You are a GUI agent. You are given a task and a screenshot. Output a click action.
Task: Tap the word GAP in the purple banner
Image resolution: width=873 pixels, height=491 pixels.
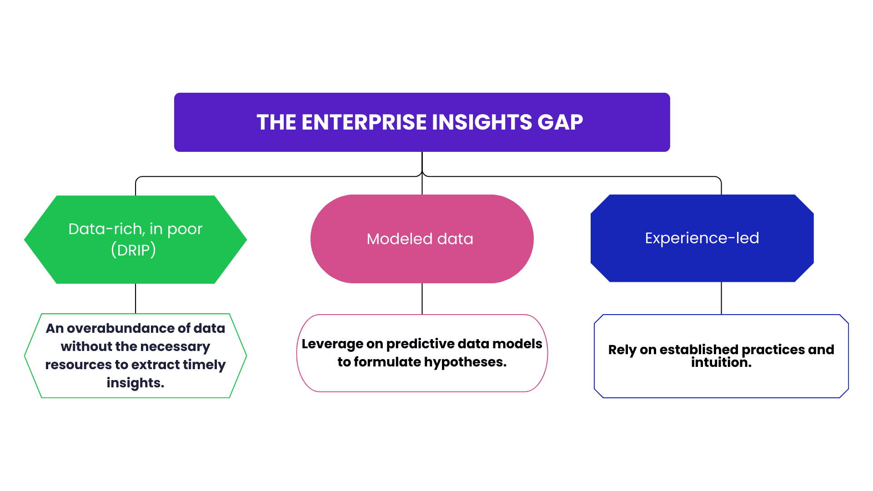click(x=560, y=122)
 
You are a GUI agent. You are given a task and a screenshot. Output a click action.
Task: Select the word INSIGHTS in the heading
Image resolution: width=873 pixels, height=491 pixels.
click(x=482, y=122)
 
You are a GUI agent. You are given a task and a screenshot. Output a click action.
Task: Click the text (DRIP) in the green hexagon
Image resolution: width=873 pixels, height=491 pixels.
click(x=134, y=250)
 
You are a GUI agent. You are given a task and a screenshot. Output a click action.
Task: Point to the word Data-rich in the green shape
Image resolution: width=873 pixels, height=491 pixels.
click(x=105, y=229)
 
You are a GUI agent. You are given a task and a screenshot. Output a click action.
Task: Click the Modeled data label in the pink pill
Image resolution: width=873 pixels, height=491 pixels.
click(x=420, y=239)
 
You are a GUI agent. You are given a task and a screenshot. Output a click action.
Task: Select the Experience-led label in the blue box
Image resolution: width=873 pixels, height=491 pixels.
click(x=702, y=238)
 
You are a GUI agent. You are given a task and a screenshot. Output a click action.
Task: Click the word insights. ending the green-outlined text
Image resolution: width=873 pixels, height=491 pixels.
click(x=135, y=383)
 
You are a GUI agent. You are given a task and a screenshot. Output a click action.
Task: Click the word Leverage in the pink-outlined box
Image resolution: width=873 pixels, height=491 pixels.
click(x=332, y=344)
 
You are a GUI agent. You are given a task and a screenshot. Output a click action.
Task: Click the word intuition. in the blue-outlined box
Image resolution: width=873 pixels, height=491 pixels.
click(x=721, y=363)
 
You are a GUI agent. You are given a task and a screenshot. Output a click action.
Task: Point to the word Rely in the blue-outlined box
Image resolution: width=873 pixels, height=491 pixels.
click(x=622, y=350)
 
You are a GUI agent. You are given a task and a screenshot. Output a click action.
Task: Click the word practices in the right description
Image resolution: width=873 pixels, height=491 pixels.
click(x=773, y=350)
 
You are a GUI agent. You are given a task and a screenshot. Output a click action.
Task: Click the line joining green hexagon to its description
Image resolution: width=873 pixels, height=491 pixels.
click(x=135, y=298)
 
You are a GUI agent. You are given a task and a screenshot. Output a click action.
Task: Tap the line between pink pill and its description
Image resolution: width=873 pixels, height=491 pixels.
click(x=422, y=298)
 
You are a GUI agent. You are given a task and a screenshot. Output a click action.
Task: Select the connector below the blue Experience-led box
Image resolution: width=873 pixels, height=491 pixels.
click(x=721, y=298)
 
